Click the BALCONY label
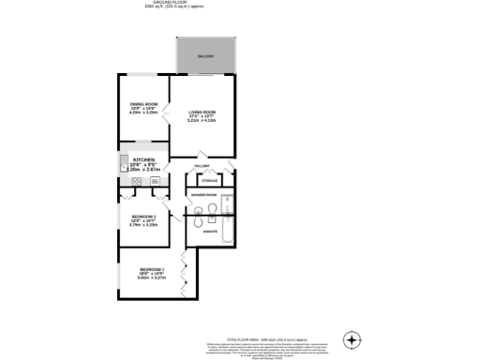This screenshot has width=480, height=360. (x=204, y=57)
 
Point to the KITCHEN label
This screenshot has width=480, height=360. (x=142, y=160)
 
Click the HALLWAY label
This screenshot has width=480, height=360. (x=201, y=166)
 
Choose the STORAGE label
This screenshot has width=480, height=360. (x=210, y=179)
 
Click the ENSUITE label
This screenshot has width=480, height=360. (x=211, y=231)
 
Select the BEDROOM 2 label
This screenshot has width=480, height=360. (x=143, y=217)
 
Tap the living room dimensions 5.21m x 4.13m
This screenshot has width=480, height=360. (x=202, y=120)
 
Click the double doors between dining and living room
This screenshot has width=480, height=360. (x=168, y=113)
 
